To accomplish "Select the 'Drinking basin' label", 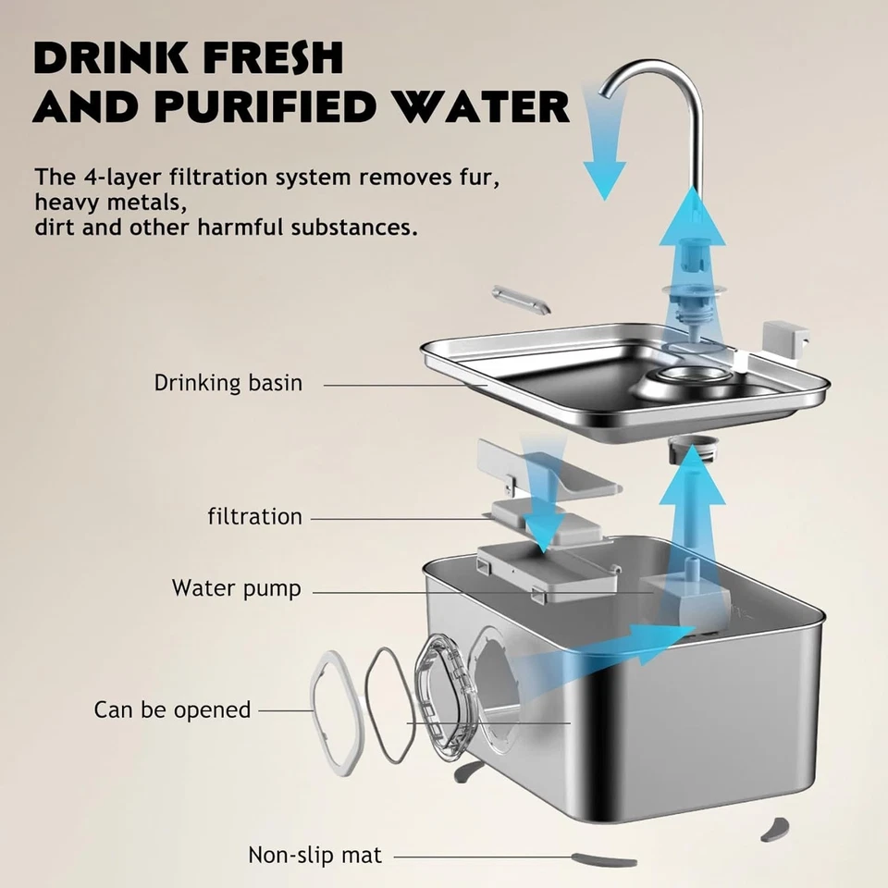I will pyautogui.click(x=228, y=383).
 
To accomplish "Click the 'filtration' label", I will pyautogui.click(x=254, y=516).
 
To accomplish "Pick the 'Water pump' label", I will pyautogui.click(x=236, y=588).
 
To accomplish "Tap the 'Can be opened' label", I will pyautogui.click(x=172, y=709).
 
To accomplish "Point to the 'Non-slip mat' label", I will pyautogui.click(x=314, y=855).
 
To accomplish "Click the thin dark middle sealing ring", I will pyautogui.click(x=388, y=706).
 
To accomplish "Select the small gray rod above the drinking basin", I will pyautogui.click(x=521, y=300).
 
